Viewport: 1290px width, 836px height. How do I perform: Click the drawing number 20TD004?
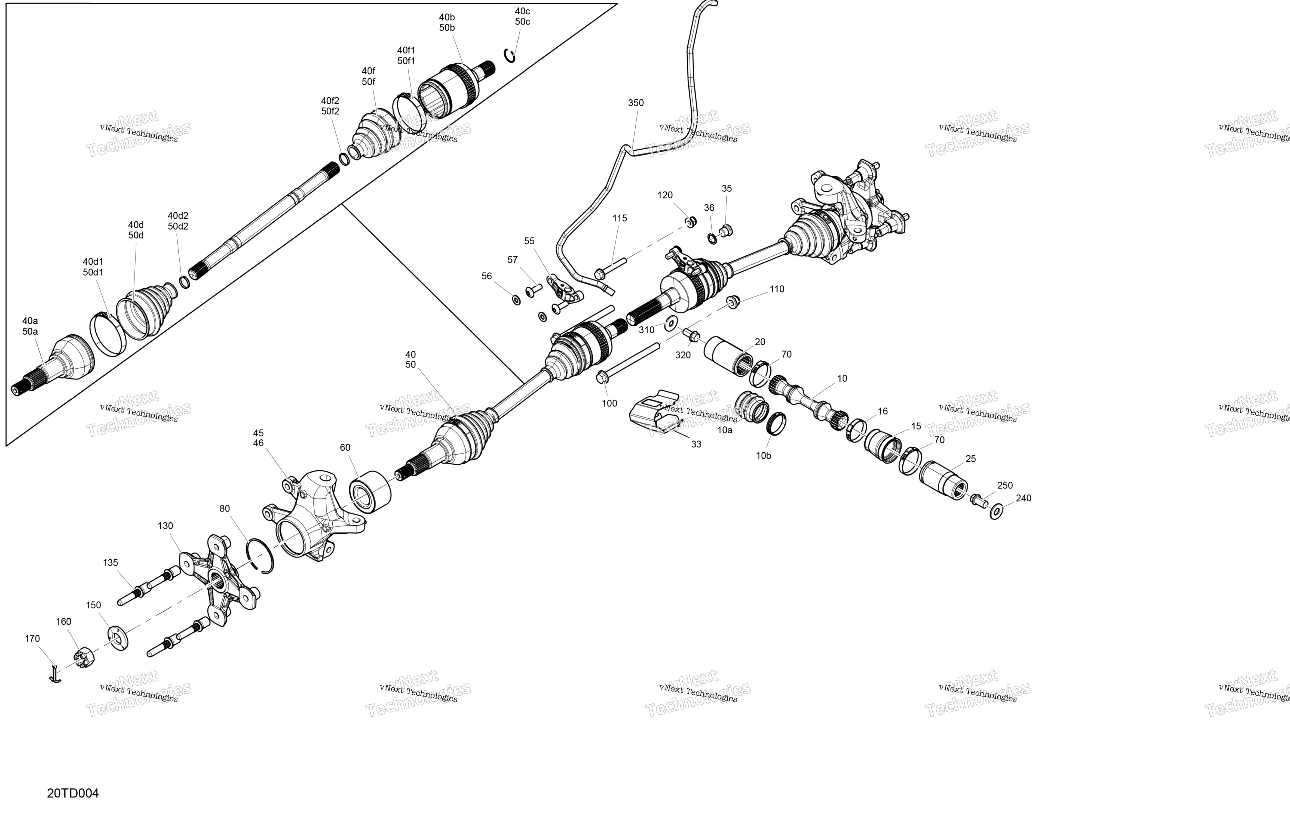[73, 793]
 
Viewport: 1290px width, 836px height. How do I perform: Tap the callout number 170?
[32, 639]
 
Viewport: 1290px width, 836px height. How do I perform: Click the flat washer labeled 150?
[118, 638]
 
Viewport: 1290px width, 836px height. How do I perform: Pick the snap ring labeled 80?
[260, 556]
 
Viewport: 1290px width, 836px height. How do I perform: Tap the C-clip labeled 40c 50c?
[510, 55]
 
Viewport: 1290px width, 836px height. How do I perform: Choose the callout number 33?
[696, 444]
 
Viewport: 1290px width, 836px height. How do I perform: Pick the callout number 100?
[609, 403]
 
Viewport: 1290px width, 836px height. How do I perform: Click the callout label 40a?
[30, 321]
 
